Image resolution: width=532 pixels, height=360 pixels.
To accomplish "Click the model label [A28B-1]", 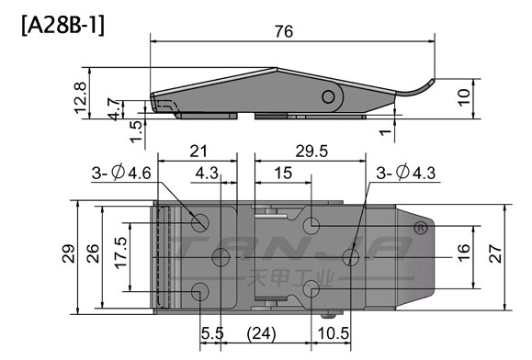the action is point(63,26).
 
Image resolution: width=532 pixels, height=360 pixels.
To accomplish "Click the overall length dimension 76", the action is point(284,31).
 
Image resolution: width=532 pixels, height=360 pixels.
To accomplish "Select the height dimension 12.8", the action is point(81,97).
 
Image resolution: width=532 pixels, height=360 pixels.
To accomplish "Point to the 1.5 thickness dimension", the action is point(136,131).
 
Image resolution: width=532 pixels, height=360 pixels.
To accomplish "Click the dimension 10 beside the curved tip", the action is point(463,97).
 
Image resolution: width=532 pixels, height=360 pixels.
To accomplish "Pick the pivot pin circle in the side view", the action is point(328,97).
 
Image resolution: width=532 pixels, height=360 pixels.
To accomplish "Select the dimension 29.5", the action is point(311,152).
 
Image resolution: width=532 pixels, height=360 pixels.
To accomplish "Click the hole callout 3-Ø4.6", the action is point(121,174).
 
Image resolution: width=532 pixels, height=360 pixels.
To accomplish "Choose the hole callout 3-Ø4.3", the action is point(406,173).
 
